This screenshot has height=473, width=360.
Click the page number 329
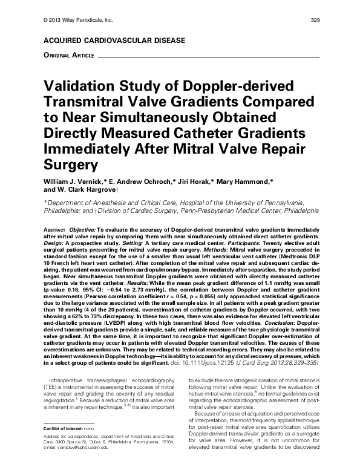pos(315,21)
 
